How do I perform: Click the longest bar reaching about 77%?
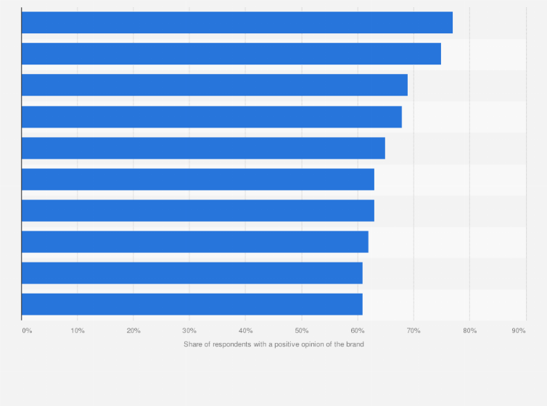coord(237,22)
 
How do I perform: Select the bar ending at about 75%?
coord(231,54)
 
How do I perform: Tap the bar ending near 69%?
coord(214,85)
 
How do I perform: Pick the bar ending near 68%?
coord(211,117)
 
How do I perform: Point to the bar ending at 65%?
coord(203,148)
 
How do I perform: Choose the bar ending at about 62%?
coord(194,241)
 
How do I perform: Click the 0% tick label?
coord(27,331)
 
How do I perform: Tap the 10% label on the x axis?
coord(78,331)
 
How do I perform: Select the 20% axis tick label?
coord(133,331)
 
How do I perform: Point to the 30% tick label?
coord(189,331)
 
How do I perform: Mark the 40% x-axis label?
coord(245,331)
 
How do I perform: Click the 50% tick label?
coord(301,331)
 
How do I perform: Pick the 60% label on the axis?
coord(357,331)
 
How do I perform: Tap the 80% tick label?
coord(469,331)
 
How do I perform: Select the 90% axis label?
coord(519,331)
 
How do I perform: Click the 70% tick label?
coord(414,331)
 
